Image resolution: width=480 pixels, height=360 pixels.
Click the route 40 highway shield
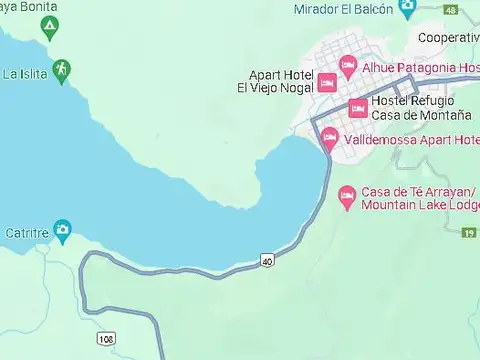(x=267, y=261)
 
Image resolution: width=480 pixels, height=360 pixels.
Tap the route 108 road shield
(x=107, y=340)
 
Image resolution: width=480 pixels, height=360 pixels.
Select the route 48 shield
(x=451, y=10)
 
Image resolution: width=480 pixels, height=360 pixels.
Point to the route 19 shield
(x=469, y=233)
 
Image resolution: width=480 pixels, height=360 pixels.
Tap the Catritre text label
(x=26, y=231)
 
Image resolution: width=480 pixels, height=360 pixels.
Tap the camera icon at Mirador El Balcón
(x=407, y=8)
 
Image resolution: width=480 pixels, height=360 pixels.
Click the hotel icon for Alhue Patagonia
(x=348, y=67)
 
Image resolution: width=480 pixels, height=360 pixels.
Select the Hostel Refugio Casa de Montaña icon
(x=357, y=108)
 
